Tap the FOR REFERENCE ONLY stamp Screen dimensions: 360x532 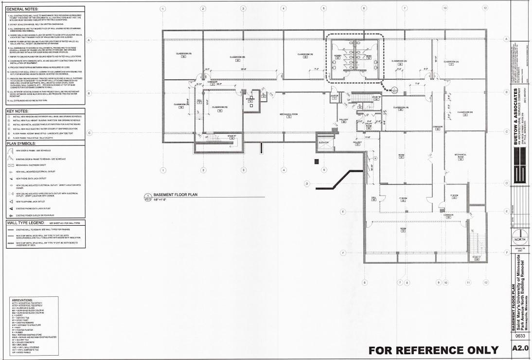(433, 350)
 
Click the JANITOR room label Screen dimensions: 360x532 (334, 96)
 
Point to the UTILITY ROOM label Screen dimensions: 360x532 (368, 126)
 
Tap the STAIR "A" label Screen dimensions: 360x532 (231, 136)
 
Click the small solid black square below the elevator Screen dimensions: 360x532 (316, 161)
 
